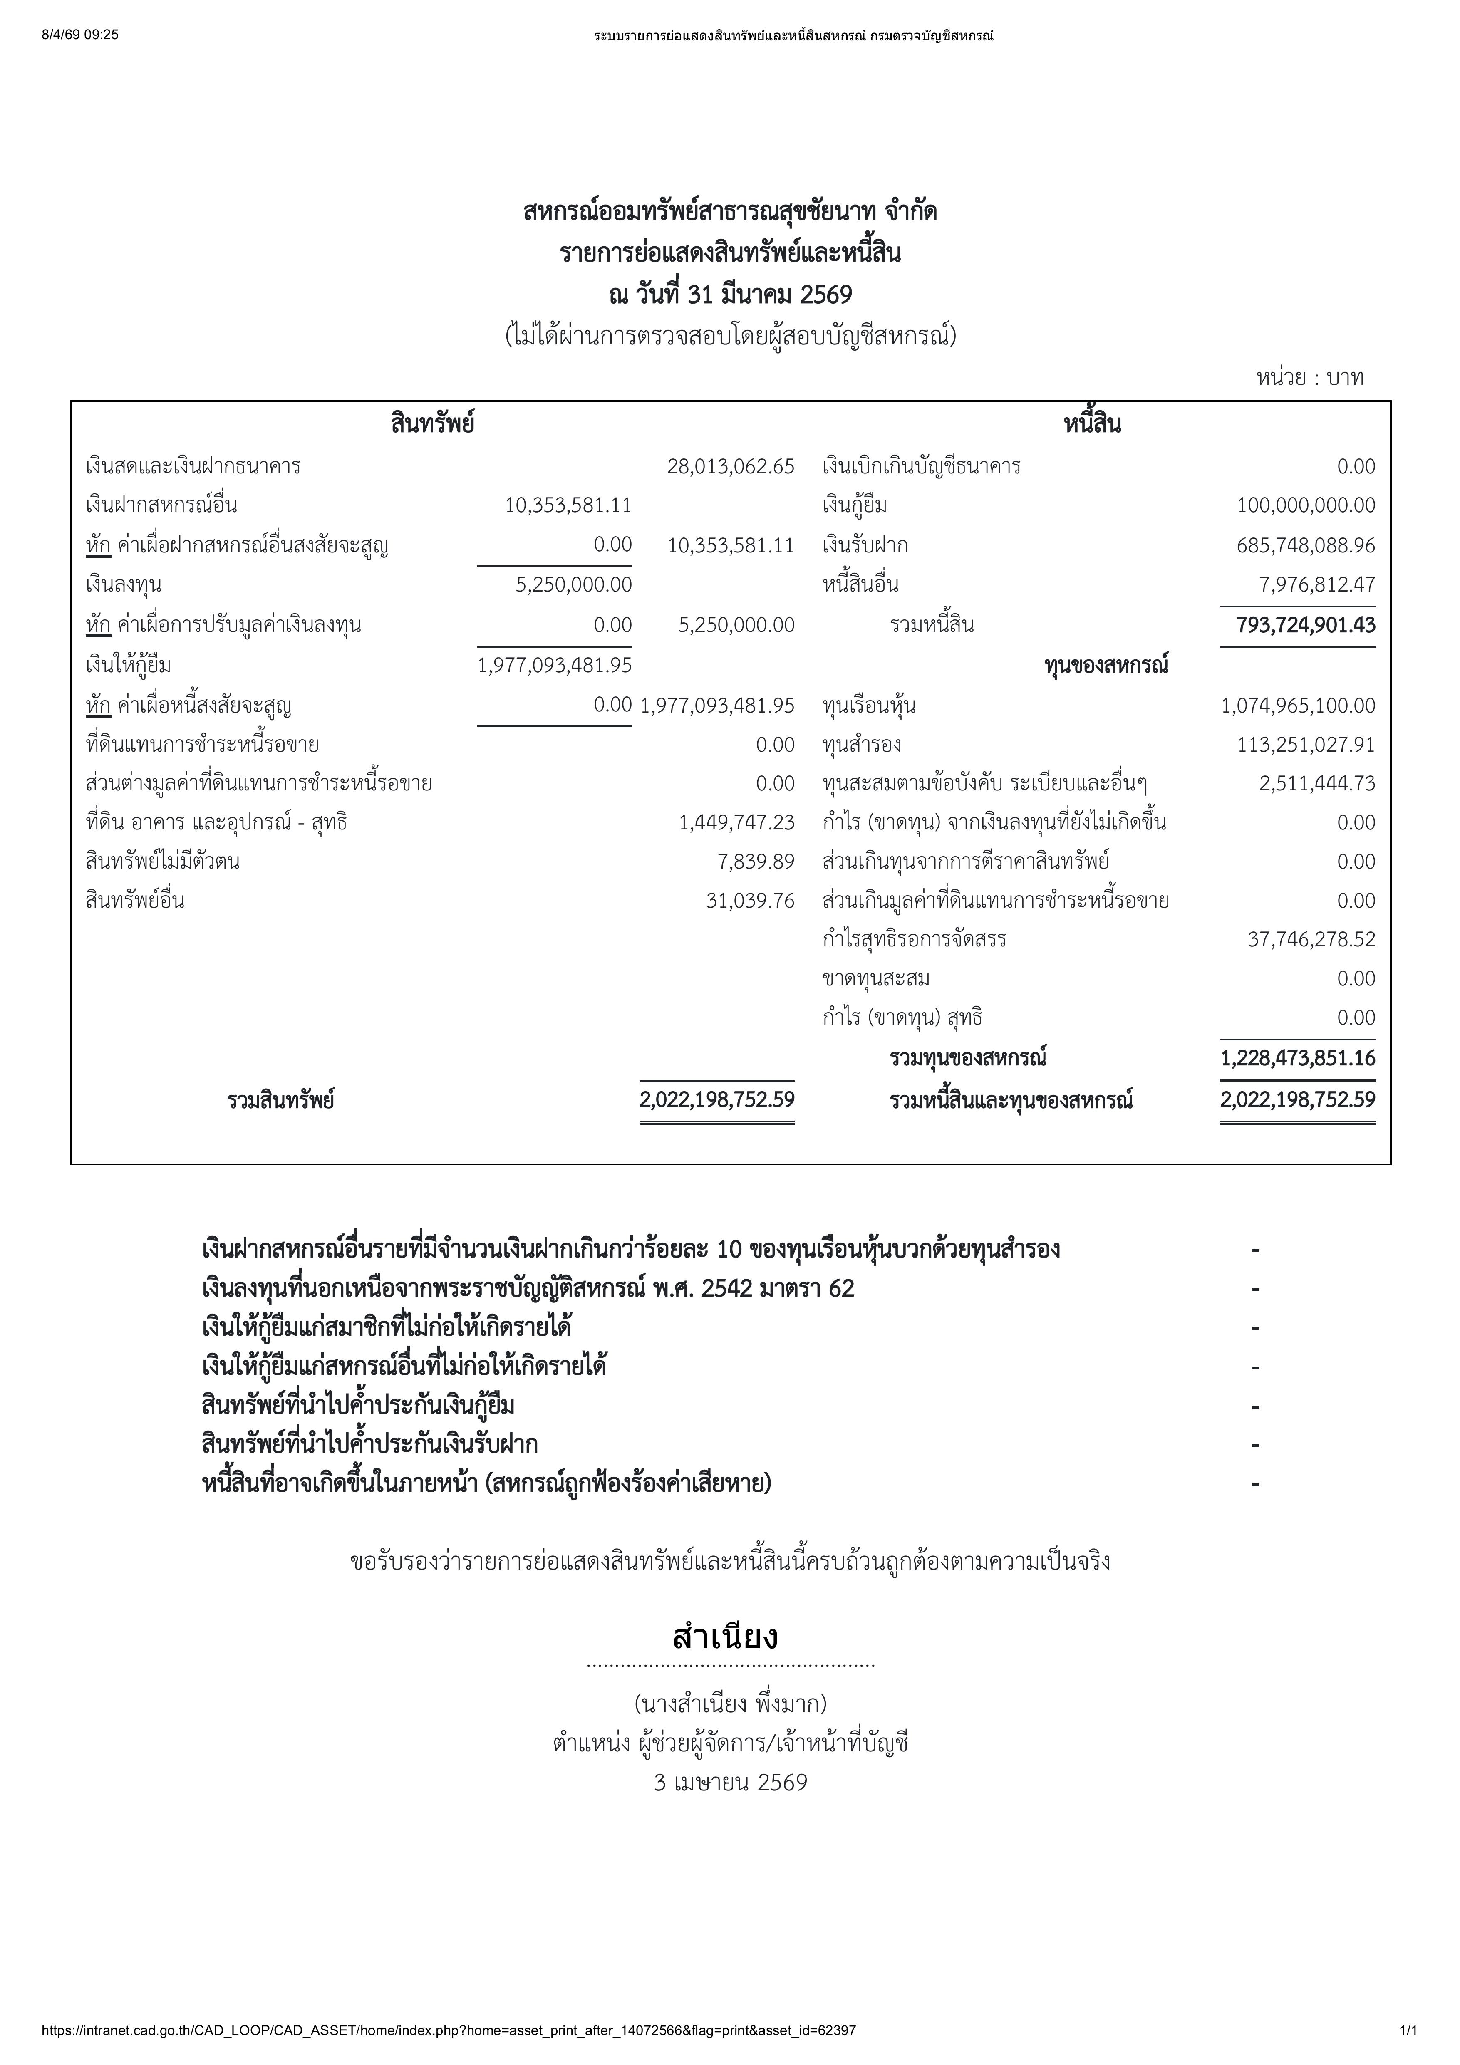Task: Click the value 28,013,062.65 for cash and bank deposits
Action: pyautogui.click(x=731, y=466)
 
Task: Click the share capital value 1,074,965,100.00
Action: pyautogui.click(x=1297, y=705)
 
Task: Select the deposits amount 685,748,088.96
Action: pyautogui.click(x=1305, y=545)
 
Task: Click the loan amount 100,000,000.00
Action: pyautogui.click(x=1305, y=505)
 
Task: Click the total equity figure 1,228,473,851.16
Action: pyautogui.click(x=1297, y=1058)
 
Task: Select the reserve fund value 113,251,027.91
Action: pyautogui.click(x=1305, y=745)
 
